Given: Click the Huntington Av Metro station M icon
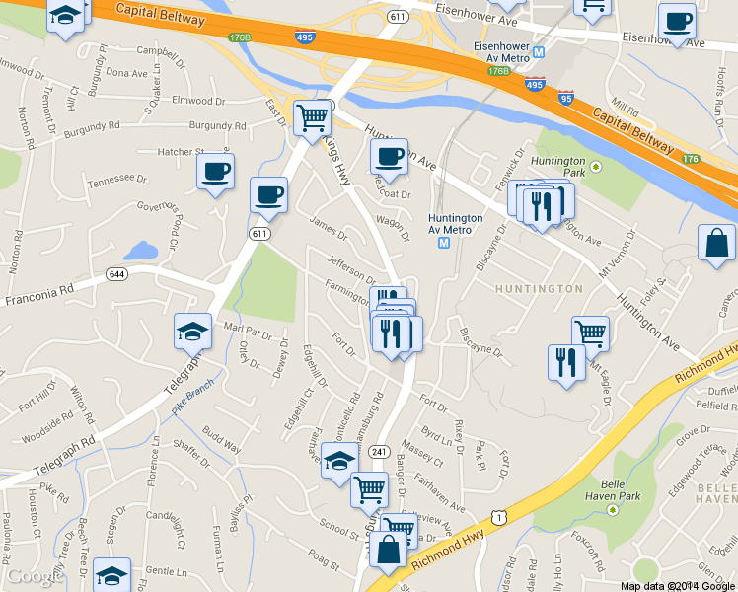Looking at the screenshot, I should point(443,243).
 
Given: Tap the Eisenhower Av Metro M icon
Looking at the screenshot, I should point(539,51).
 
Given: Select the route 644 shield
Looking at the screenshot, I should point(117,273).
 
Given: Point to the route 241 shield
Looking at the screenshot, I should point(379,451).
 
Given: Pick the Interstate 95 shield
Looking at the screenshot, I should point(565,99).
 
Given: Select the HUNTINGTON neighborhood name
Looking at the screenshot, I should point(539,289).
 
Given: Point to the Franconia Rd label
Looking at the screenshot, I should point(39,294).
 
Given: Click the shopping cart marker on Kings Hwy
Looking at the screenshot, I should point(313,117).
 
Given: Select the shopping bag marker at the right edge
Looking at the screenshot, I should point(716,243).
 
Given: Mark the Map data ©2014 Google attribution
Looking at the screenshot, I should point(678,585).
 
